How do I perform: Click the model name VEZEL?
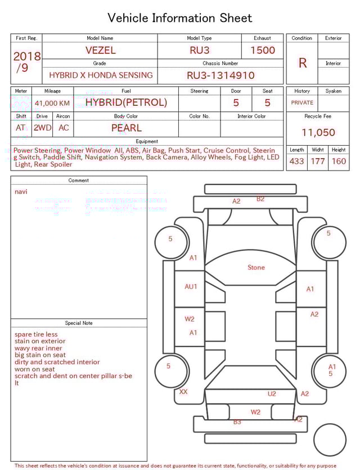coord(101,50)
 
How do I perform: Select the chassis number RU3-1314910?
coord(220,75)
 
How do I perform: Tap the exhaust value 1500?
coord(263,50)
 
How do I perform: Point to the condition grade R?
coord(302,63)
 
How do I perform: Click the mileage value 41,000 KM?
coord(52,104)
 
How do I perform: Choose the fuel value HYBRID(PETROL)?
coord(126,102)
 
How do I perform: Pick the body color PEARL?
coord(126,128)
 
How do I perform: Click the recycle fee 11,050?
coord(318,133)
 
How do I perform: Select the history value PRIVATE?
coord(302,103)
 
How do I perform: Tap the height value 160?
coord(339,161)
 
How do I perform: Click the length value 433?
coord(296,161)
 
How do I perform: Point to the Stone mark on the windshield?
coord(256,267)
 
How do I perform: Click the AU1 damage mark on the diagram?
coord(191,287)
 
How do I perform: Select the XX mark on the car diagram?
coord(183,392)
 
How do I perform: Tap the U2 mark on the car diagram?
coord(272,394)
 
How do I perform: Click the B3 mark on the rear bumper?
coord(237,422)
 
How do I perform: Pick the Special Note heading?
coord(79,323)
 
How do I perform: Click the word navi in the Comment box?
coord(21,192)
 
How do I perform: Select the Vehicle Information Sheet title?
coord(180,18)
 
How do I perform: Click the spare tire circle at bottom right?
coord(330,440)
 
